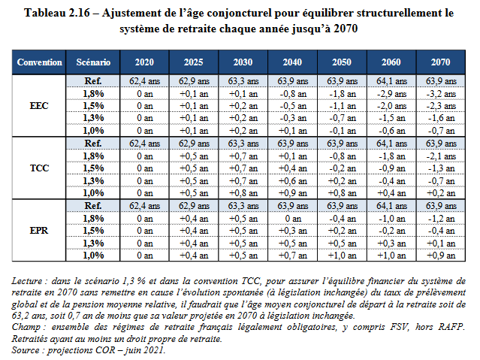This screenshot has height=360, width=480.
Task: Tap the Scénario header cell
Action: [x=94, y=62]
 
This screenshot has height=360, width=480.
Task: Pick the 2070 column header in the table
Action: [x=437, y=62]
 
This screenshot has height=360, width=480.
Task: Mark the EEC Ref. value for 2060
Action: [x=391, y=81]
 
